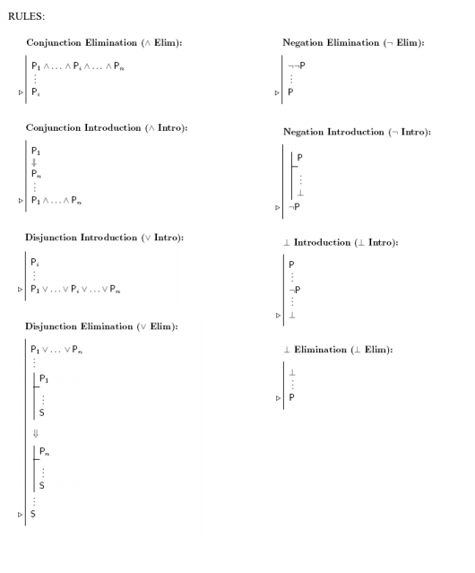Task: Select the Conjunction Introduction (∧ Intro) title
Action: (106, 128)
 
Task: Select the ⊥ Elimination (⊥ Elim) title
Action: (338, 350)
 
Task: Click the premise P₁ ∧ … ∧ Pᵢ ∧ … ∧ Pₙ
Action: (75, 65)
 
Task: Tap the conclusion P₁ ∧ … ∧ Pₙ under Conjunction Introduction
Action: (62, 201)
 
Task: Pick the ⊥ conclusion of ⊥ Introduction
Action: (290, 315)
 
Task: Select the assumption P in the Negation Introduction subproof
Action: (299, 156)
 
